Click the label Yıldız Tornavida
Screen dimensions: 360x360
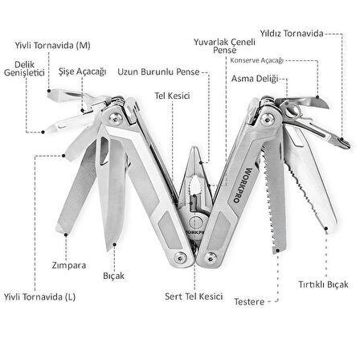292,34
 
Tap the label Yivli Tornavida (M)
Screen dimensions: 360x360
52,45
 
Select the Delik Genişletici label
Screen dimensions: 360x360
24,68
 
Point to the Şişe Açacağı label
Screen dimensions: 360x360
83,72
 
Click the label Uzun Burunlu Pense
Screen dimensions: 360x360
158,72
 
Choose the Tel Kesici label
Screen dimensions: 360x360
172,96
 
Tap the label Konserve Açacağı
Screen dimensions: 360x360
256,60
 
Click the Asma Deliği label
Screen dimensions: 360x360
255,79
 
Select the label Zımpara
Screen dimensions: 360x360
69,265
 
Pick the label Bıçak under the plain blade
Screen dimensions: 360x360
113,276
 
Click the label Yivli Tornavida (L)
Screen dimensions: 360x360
39,297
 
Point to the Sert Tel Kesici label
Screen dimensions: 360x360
194,297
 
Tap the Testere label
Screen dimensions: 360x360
249,302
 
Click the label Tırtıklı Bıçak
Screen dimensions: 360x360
323,284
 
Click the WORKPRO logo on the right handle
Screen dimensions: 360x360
242,186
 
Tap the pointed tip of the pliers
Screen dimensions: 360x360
195,148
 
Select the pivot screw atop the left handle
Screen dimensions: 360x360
116,118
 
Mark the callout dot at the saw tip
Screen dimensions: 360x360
278,251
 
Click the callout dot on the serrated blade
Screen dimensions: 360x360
326,228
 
